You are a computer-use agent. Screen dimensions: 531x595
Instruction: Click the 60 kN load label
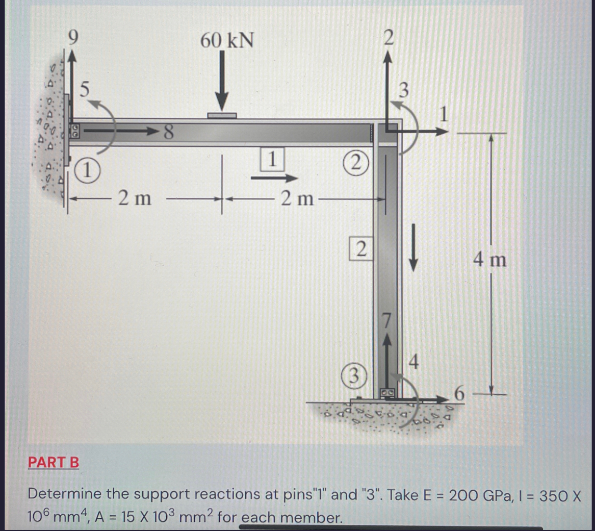click(226, 40)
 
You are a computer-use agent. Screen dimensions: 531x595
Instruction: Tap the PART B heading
click(54, 463)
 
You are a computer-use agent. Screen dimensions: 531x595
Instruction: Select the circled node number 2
click(357, 163)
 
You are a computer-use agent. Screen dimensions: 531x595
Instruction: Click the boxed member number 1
click(273, 158)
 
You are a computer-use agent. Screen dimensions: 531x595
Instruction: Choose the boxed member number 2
click(360, 248)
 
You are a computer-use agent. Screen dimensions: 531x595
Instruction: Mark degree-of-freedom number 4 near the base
click(414, 363)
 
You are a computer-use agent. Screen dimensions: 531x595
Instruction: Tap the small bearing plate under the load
click(222, 116)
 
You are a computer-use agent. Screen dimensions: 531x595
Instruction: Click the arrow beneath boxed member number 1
click(274, 179)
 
